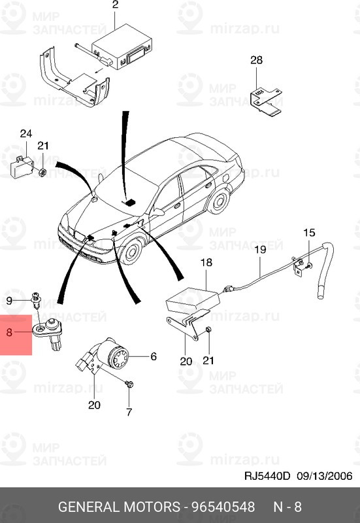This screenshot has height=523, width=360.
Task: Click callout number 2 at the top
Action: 116,5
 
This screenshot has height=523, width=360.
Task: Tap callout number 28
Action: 256,60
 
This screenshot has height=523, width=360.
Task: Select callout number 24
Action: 26,134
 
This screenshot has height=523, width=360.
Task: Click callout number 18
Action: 206,263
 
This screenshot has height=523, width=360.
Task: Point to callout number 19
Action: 260,249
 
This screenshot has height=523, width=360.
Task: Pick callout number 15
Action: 309,233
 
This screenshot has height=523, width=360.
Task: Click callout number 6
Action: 154,356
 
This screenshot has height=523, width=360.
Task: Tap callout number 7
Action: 129,412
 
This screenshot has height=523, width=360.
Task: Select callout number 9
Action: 9,301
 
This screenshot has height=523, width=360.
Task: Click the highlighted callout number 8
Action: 9,332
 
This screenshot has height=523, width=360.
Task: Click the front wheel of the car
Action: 132,250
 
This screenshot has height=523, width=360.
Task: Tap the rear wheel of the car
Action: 219,201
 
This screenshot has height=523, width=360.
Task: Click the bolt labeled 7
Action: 130,384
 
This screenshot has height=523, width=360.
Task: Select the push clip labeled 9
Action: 35,300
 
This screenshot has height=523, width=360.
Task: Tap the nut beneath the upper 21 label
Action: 42,173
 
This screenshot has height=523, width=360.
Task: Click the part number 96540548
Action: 223,507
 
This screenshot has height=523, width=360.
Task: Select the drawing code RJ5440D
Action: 267,476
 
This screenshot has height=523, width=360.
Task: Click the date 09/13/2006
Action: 325,476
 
